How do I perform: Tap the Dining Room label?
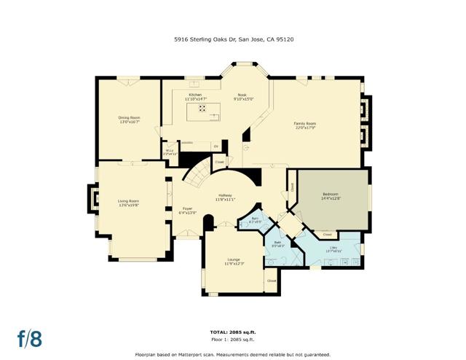129,119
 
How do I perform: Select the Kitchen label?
195,96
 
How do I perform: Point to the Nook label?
242,96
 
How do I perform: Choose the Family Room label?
304,125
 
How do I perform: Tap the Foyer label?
187,211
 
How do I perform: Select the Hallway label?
225,196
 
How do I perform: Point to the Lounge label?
233,261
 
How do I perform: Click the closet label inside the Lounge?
271,281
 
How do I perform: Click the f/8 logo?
30,338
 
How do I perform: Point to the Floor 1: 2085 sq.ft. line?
232,339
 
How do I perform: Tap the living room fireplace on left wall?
92,198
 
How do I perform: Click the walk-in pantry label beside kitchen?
169,153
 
